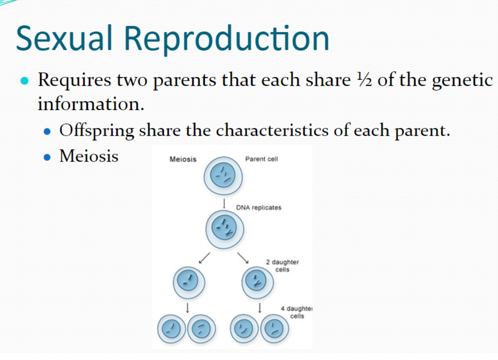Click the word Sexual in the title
(64, 38)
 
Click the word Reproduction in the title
(227, 40)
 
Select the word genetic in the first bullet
(462, 81)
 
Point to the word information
(91, 103)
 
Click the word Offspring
(97, 131)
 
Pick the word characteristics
(272, 130)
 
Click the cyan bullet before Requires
(25, 81)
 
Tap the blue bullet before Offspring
(47, 132)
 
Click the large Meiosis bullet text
(89, 156)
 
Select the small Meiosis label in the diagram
(183, 159)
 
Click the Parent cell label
(261, 159)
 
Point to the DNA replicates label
(259, 208)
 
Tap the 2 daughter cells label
(283, 266)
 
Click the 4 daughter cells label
(296, 312)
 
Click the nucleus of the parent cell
(223, 175)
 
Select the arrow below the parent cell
(224, 203)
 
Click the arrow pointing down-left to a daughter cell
(204, 258)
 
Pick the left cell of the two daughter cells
(189, 283)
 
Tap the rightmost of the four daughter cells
(275, 329)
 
